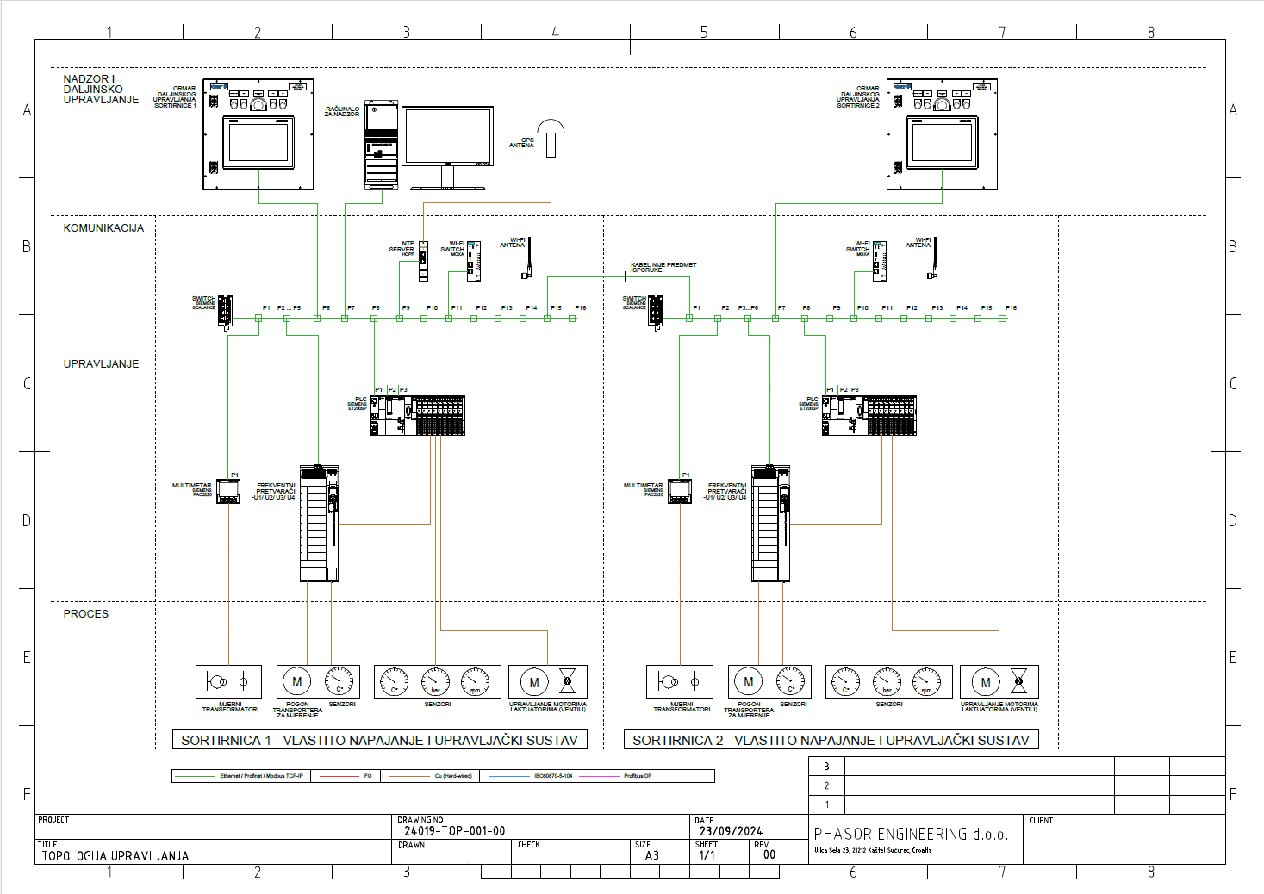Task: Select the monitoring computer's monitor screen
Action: [x=447, y=135]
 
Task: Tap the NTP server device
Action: [x=423, y=260]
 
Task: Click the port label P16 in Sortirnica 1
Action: [x=581, y=307]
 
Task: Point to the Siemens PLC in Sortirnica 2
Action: [x=869, y=416]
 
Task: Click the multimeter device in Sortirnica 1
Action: [x=228, y=491]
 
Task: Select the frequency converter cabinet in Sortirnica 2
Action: [x=770, y=525]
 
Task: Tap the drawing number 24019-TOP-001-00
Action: [x=455, y=831]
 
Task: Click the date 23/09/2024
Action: [x=731, y=831]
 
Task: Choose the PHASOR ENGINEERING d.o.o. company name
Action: [x=911, y=834]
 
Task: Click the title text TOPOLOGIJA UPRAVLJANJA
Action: [x=115, y=856]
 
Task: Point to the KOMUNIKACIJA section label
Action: [x=103, y=228]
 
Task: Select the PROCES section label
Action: [x=86, y=614]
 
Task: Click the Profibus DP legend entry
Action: [x=638, y=776]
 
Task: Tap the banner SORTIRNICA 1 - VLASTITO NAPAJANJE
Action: [x=379, y=740]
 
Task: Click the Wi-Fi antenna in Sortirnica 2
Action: [x=932, y=258]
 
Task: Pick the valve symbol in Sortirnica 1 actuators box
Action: [x=567, y=681]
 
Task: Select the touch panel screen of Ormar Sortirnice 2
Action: [x=942, y=141]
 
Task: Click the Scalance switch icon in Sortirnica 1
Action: [x=225, y=311]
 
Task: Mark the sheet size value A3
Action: [x=652, y=855]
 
